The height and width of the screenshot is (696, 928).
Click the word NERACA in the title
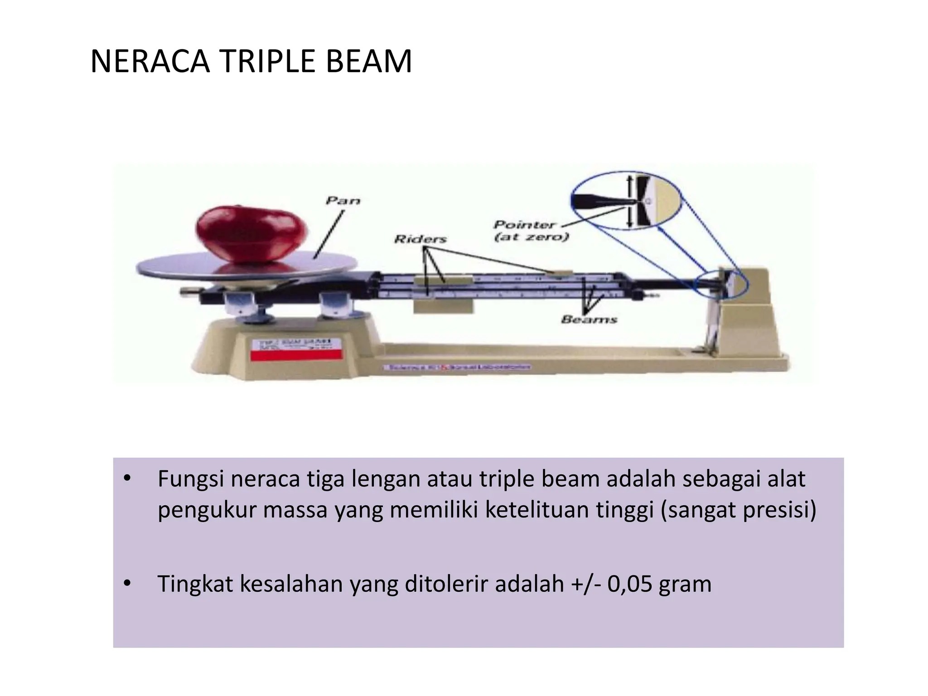coord(150,62)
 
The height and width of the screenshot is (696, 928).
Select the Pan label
coord(343,200)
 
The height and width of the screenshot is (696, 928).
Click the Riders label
coord(420,239)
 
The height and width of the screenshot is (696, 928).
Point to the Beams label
coord(589,319)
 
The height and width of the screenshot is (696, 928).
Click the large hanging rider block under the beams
coord(443,306)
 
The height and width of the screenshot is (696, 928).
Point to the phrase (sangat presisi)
coord(738,510)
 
